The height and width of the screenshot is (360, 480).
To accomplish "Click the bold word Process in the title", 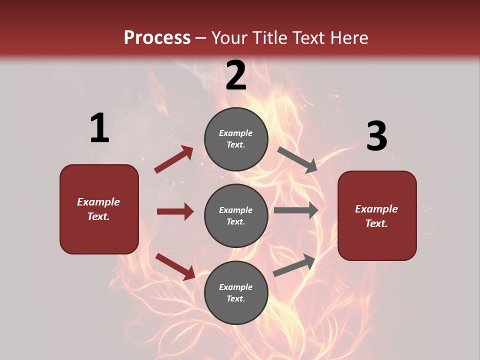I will click(157, 38).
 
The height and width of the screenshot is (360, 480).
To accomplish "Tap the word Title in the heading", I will click(267, 38).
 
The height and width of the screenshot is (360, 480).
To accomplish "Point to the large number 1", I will click(99, 128).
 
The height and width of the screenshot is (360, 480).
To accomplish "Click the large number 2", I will click(236, 75).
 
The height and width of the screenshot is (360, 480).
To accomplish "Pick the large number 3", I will click(376, 136).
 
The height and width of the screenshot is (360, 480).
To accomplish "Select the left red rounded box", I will click(99, 209).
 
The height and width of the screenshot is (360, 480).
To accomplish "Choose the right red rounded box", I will click(377, 215).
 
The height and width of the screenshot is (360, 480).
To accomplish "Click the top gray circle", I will click(236, 139).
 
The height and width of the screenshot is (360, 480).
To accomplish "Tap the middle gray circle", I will click(236, 215).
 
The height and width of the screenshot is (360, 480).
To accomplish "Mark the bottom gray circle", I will click(236, 292).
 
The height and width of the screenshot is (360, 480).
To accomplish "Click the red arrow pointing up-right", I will click(174, 159).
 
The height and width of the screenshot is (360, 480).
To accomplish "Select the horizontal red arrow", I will click(175, 211).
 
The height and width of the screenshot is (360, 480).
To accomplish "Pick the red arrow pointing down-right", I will click(175, 266).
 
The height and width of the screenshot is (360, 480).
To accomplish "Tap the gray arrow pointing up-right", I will click(294, 265).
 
